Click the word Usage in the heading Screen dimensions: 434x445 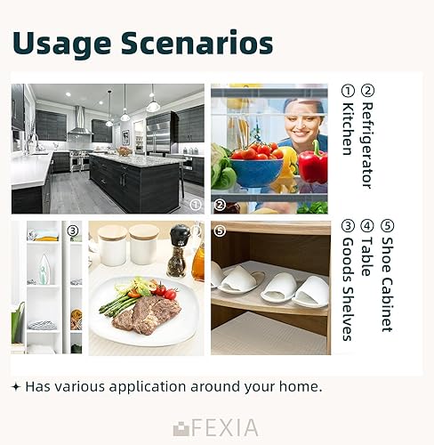click(x=61, y=44)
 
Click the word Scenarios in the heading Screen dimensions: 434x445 click(x=197, y=43)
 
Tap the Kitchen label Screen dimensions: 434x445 click(x=348, y=129)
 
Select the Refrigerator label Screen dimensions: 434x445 click(x=367, y=145)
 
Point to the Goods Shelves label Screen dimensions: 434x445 click(x=348, y=289)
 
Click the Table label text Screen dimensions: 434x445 click(x=367, y=257)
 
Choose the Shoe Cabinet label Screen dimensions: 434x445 click(x=387, y=284)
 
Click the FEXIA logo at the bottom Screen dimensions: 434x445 click(x=215, y=427)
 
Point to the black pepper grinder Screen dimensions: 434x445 click(x=178, y=251)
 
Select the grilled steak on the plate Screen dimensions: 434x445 click(x=147, y=315)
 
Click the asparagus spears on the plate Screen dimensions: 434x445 click(x=118, y=305)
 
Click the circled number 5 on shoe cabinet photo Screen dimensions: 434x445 click(x=220, y=231)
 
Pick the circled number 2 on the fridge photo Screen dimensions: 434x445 click(x=220, y=205)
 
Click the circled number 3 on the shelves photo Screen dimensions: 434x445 click(x=73, y=231)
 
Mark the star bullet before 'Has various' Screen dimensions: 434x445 click(x=16, y=387)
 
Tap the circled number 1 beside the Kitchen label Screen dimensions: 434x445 click(x=348, y=91)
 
